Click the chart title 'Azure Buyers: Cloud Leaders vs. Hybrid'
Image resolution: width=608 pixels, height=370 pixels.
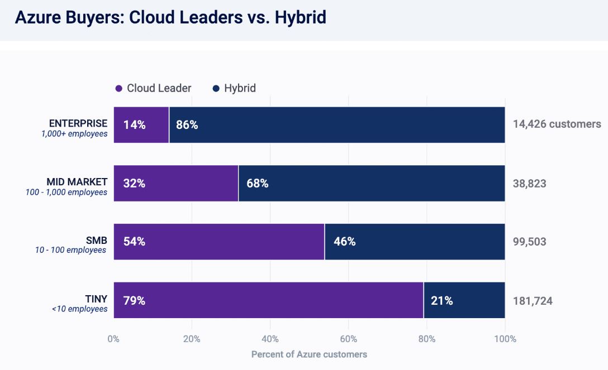[x=170, y=17]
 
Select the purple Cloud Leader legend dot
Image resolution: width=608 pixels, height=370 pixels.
[x=118, y=88]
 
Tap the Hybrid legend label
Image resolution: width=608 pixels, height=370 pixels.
[x=240, y=88]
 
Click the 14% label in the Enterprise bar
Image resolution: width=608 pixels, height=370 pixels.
[x=134, y=125]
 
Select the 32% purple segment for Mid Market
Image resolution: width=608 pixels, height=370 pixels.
[x=176, y=184]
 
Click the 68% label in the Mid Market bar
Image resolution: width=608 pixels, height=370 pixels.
[x=257, y=184]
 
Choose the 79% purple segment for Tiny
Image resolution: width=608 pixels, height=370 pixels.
[x=268, y=300]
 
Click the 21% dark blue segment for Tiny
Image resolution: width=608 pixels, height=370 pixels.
[x=464, y=300]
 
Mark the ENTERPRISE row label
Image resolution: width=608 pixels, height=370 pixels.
[x=78, y=123]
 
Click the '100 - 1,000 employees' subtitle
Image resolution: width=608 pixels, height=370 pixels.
[x=66, y=192]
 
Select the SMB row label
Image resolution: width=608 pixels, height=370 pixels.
[x=96, y=240]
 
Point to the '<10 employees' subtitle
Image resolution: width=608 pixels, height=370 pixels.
[x=79, y=309]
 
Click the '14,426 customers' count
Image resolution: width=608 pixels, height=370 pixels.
[x=557, y=124]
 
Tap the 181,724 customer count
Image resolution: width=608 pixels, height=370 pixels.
[x=533, y=301]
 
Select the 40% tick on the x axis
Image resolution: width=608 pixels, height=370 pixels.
[x=270, y=339]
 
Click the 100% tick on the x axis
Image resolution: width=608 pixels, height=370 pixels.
[x=505, y=339]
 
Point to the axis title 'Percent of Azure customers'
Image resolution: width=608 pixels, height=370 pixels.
[x=309, y=354]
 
